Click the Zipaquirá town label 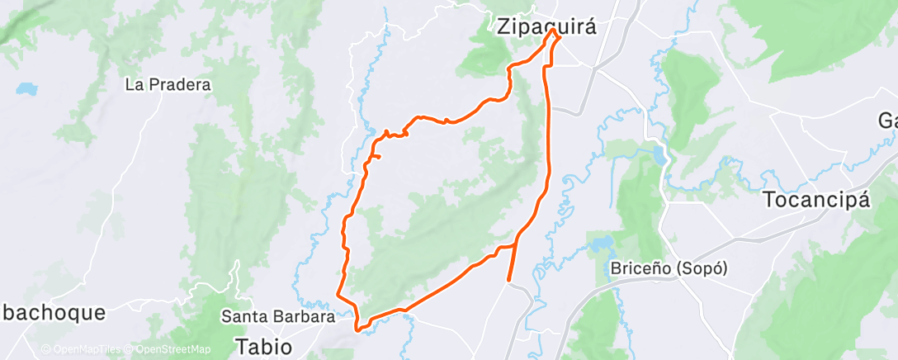pos(546,26)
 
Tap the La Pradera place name pos(168,84)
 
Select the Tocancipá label pos(817,200)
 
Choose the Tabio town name pos(263,345)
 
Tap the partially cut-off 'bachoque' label pos(53,312)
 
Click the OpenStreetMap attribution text pos(161,350)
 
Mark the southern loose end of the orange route pos(507,281)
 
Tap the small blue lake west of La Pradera pos(27,87)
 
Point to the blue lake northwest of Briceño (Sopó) pos(600,244)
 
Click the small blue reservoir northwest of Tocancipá pos(660,155)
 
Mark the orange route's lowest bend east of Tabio pos(360,329)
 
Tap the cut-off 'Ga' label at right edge pos(887,121)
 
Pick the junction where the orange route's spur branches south pos(516,246)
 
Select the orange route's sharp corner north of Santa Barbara pos(337,291)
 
